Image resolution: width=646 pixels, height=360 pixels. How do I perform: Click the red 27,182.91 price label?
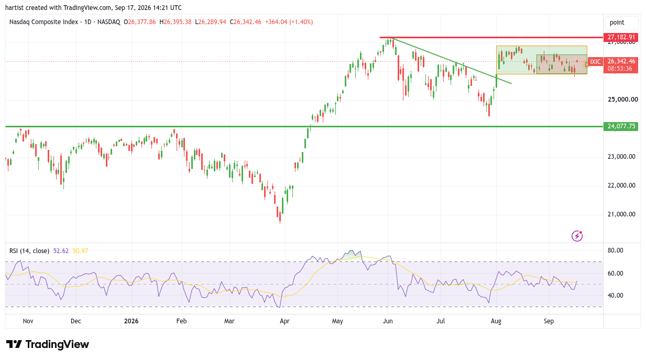coord(621,37)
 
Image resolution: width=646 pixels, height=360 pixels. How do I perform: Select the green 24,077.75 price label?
coord(621,126)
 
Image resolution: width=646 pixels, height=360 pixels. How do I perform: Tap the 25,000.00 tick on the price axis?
coord(623,100)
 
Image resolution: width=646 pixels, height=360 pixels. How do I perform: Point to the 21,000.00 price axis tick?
coord(621,214)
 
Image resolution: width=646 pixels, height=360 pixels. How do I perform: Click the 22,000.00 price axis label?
coord(621,185)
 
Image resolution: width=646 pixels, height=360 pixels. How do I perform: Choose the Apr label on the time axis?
coord(284,321)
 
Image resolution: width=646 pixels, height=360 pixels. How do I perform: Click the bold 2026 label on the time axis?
coord(131,321)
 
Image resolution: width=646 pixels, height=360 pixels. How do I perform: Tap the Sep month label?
coord(549,321)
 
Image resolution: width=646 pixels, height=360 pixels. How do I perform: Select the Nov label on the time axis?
coord(28,321)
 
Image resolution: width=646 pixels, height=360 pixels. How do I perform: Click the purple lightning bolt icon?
coord(577,236)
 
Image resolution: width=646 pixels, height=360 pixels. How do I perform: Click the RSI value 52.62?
coord(61,251)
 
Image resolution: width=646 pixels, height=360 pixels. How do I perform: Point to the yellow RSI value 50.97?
coord(80,251)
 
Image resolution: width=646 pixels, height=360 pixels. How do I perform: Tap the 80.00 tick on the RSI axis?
coord(616,250)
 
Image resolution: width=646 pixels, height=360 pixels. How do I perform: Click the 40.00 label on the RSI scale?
coord(616,296)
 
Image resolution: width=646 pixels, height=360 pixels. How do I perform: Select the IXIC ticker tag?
coord(595,61)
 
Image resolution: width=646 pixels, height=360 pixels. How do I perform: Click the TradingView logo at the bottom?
coord(48,344)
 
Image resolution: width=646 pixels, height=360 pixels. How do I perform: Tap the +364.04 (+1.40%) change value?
coord(289,22)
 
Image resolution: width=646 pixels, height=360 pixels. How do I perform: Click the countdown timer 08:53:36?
coord(620,69)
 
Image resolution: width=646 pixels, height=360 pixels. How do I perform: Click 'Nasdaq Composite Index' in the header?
coord(43,22)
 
